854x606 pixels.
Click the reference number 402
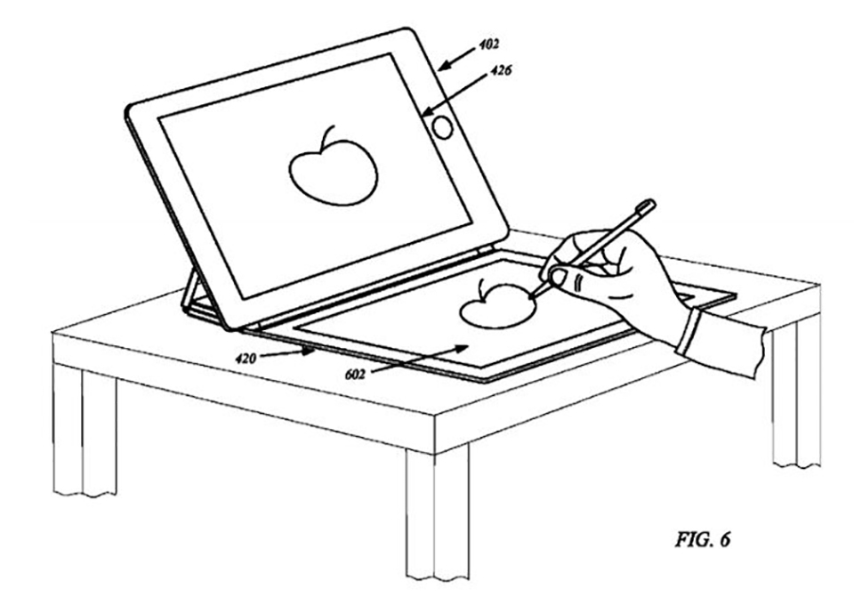(x=488, y=44)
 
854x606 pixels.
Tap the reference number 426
(x=501, y=70)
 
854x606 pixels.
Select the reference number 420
(x=246, y=358)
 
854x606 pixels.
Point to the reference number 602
(x=355, y=375)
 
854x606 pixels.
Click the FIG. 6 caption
(x=703, y=539)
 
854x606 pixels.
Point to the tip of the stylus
(x=529, y=297)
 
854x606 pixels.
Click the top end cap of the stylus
(x=647, y=206)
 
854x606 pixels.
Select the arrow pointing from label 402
(x=455, y=59)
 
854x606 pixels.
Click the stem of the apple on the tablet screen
(x=327, y=137)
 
